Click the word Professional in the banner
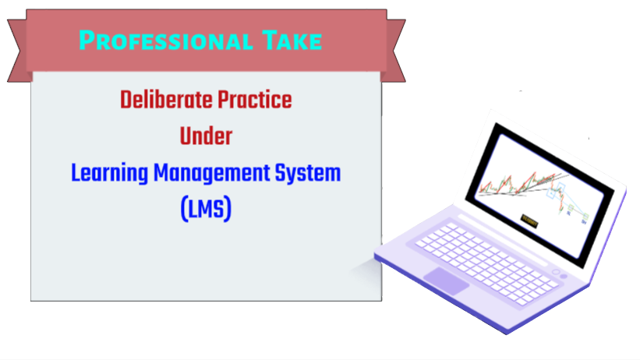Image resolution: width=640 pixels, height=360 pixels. click(166, 41)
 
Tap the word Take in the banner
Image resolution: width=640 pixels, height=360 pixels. click(292, 41)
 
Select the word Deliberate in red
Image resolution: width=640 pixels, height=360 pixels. click(166, 100)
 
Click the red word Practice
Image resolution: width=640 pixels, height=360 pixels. click(255, 100)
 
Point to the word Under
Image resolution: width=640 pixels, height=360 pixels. click(206, 136)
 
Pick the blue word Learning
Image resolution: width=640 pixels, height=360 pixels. click(109, 173)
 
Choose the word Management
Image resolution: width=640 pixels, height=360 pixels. click(211, 173)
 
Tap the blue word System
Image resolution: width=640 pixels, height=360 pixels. click(308, 173)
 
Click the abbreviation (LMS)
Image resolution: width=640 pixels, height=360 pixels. click(206, 209)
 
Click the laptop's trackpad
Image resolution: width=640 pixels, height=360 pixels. click(446, 281)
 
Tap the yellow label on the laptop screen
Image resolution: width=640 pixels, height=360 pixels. click(530, 221)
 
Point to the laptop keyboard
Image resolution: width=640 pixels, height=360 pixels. click(486, 263)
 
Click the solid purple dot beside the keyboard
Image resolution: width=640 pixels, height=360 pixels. click(564, 277)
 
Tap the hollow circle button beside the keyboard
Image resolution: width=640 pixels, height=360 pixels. click(556, 272)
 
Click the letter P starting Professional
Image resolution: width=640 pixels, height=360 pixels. click(87, 40)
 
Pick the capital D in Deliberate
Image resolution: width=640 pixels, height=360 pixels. click(126, 101)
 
